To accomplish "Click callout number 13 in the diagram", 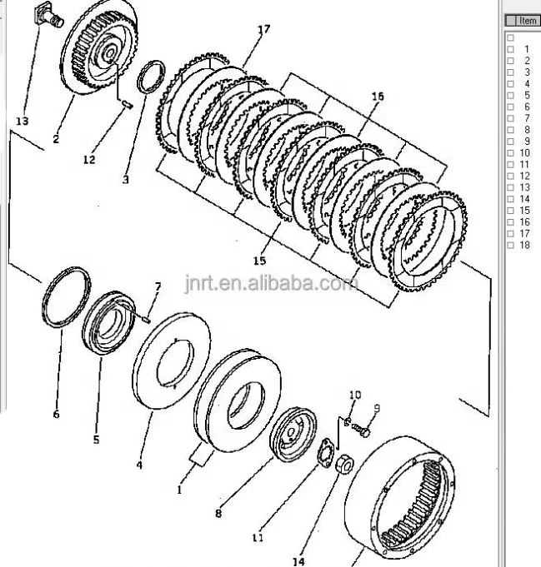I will (22, 121).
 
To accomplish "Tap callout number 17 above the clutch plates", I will (263, 31).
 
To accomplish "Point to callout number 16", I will (378, 97).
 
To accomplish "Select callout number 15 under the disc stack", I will (259, 261).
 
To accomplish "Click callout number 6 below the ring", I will (56, 414).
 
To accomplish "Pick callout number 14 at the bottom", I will (298, 560).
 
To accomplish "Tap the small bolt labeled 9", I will (361, 431).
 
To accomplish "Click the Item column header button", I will (523, 20).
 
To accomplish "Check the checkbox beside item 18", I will (510, 245).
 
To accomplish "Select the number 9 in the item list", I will (526, 142).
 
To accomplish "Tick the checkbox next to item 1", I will (510, 49).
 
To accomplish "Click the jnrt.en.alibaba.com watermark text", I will (272, 286).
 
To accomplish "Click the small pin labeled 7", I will (146, 314).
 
